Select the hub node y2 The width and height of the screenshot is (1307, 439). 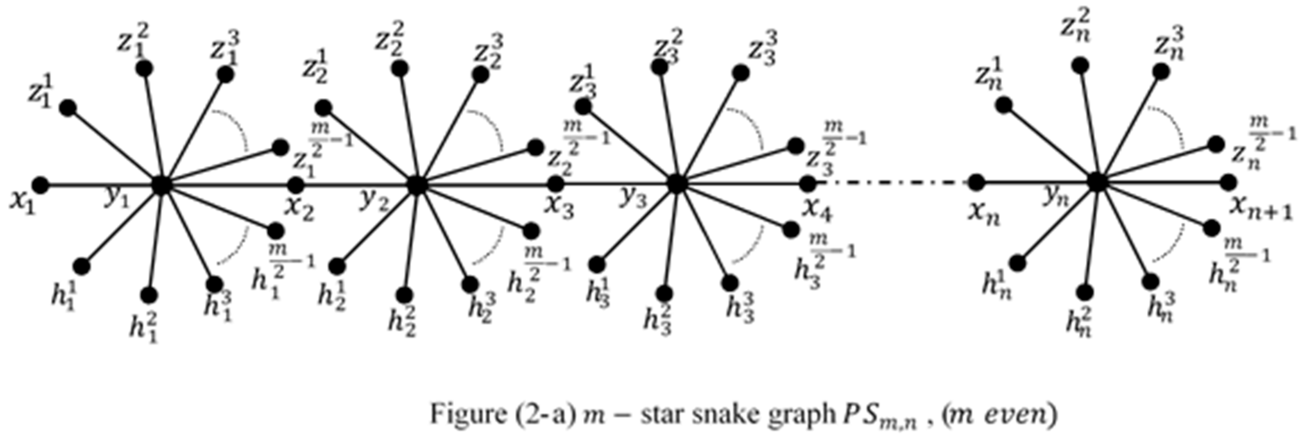(417, 186)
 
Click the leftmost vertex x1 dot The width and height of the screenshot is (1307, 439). (40, 185)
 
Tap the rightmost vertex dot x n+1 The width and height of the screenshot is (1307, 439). (1228, 182)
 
